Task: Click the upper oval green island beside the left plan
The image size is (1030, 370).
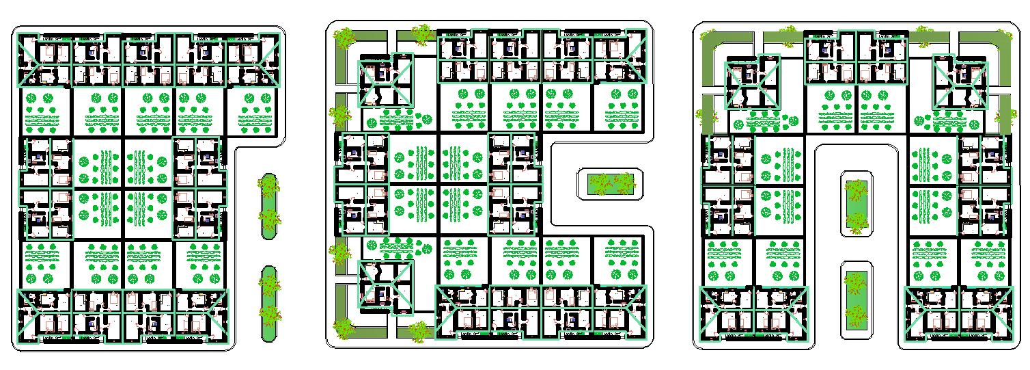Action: pyautogui.click(x=269, y=205)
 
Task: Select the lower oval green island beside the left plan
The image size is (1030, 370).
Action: pyautogui.click(x=269, y=304)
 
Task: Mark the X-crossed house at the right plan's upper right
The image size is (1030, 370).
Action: pyautogui.click(x=960, y=83)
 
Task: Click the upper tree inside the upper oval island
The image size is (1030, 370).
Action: pyautogui.click(x=269, y=187)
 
